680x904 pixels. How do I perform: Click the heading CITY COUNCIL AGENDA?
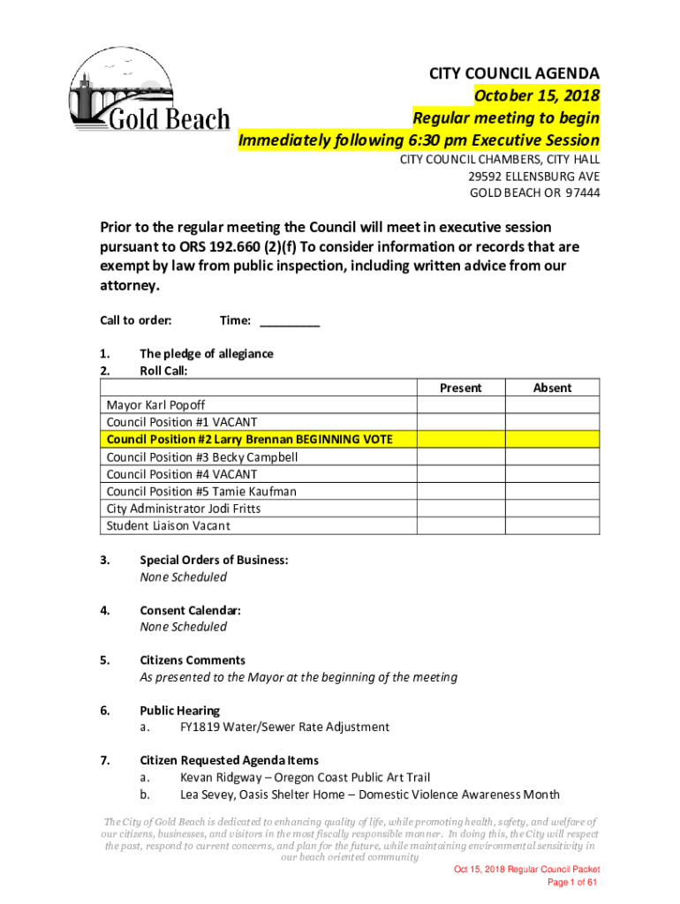coord(514,72)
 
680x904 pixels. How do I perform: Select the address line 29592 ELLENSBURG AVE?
coord(533,176)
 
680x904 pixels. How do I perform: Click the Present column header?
coord(460,388)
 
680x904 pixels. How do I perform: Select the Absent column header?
coord(552,388)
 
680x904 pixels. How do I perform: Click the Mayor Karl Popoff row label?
coord(156,405)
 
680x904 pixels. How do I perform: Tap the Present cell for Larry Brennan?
coord(460,440)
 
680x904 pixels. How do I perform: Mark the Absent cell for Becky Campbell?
coord(552,456)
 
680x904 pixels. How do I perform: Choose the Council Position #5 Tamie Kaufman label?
coord(201,491)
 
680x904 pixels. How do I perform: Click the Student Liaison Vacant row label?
coord(168,525)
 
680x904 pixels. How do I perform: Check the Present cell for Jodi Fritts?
coord(460,508)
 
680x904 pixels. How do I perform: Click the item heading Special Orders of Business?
coord(214,560)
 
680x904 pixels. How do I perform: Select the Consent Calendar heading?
coord(190,610)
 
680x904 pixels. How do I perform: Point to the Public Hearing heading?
coord(179,710)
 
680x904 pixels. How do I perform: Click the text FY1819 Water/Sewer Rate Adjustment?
coord(284,727)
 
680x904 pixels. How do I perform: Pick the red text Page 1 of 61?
coord(573,883)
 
